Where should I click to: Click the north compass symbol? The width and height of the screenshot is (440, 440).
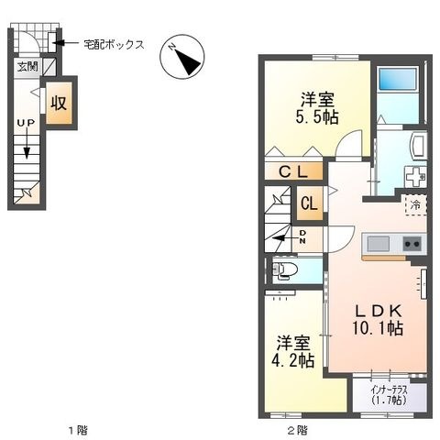182,57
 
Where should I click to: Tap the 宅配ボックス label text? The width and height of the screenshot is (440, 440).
114,45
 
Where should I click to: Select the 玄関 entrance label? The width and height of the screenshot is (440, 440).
27,66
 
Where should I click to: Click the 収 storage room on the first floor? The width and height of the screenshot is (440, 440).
59,103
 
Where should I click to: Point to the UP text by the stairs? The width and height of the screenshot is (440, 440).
26,123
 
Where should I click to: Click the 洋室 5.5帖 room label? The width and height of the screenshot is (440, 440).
317,108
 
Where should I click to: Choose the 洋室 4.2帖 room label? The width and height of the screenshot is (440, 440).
293,351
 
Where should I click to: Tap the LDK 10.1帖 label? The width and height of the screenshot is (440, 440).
378,320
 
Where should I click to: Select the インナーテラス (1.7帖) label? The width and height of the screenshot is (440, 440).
390,395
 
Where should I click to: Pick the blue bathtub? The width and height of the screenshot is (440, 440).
398,79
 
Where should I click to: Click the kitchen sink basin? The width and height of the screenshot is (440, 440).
379,244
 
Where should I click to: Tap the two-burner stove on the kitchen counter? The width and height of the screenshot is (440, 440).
412,244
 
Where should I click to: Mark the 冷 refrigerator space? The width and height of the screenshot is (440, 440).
415,205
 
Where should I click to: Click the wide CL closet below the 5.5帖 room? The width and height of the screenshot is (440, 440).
293,171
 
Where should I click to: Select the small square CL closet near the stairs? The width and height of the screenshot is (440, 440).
310,203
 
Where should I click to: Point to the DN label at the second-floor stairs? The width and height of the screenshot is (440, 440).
302,236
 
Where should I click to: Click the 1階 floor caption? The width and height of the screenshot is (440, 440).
78,431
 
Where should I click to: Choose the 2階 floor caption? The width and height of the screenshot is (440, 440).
297,431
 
